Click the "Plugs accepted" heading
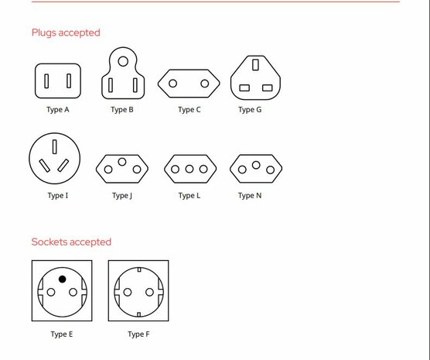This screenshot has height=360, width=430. tap(66, 33)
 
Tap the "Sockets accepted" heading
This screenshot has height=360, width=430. tap(71, 242)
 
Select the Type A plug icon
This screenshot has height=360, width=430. tap(58, 81)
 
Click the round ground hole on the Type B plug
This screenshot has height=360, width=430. tap(123, 61)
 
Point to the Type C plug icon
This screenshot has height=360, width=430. tap(189, 83)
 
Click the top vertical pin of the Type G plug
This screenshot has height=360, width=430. tap(255, 65)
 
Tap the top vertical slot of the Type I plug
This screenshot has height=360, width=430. tap(55, 147)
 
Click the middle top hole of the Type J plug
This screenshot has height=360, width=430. tap(122, 162)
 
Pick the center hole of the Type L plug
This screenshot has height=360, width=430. tap(189, 169)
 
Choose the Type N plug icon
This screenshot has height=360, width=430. tap(256, 168)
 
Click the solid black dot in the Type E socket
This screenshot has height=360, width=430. tap(62, 279)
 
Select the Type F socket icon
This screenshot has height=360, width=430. tap(138, 290)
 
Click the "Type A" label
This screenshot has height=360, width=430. tap(58, 110)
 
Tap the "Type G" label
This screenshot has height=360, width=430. tap(250, 110)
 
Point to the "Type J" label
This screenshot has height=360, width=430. tap(122, 196)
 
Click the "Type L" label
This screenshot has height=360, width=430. tap(189, 196)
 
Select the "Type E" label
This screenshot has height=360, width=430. tap(62, 334)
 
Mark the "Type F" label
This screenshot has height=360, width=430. tap(138, 334)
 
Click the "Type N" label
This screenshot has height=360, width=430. tap(250, 196)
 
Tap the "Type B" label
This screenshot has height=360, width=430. tap(122, 110)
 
